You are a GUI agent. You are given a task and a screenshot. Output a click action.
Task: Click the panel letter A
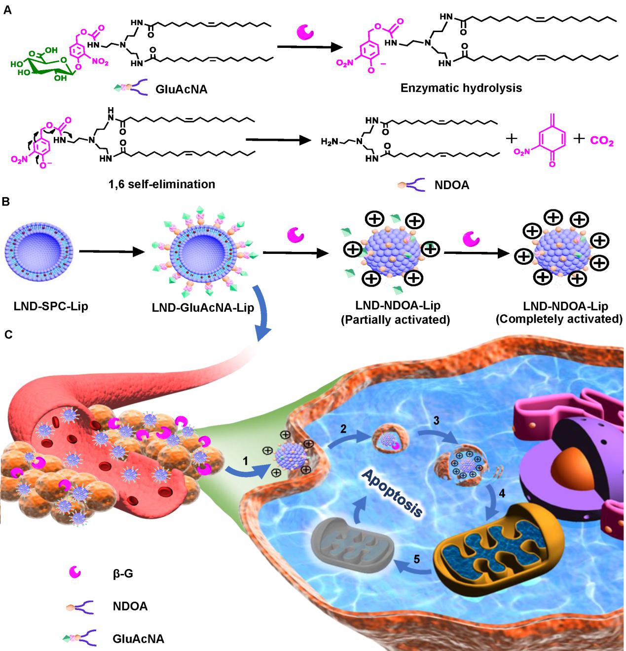click(x=7, y=9)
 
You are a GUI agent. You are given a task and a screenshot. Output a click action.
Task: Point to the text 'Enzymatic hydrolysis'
click(x=461, y=88)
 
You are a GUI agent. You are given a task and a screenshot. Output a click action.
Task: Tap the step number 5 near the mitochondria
click(x=417, y=559)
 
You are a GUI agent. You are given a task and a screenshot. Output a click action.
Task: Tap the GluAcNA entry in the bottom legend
click(x=138, y=639)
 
